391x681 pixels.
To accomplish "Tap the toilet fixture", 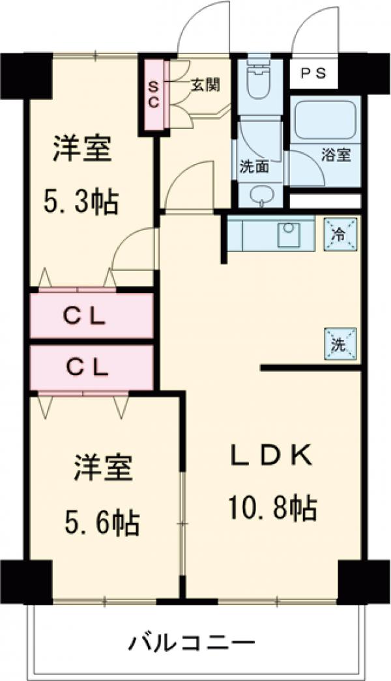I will tap(259, 82).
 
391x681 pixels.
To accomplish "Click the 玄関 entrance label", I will tap(205, 85).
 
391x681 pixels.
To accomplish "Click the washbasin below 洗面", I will tap(261, 196).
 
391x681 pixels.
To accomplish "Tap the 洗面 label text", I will tap(253, 167).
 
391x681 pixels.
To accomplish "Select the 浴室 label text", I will tap(336, 156).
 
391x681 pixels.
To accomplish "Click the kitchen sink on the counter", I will tap(287, 234).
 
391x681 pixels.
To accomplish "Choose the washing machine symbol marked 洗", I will tap(341, 344).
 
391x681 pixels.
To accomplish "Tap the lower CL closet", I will tap(92, 368).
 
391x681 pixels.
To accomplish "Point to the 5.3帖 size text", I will tap(81, 202).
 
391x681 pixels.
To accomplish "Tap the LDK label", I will tap(272, 456).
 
